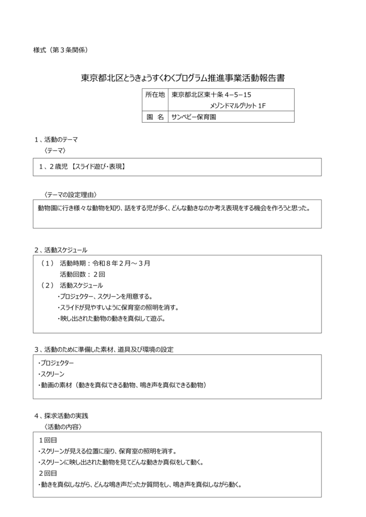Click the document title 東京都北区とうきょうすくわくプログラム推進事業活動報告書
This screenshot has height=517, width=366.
click(182, 78)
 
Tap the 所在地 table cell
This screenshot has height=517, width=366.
click(155, 94)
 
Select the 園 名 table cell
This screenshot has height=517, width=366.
click(155, 117)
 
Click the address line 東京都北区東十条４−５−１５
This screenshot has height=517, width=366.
click(212, 94)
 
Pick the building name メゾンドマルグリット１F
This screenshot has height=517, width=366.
click(238, 106)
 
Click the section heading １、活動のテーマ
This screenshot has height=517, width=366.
click(56, 139)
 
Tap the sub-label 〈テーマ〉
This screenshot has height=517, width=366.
click(55, 150)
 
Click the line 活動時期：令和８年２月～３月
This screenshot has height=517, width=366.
click(105, 263)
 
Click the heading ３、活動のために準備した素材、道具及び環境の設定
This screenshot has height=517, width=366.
click(104, 349)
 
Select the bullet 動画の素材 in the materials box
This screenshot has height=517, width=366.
click(121, 385)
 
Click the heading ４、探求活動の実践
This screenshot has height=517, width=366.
click(61, 416)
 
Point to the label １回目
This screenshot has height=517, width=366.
click(49, 440)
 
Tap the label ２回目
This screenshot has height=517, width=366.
click(49, 473)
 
